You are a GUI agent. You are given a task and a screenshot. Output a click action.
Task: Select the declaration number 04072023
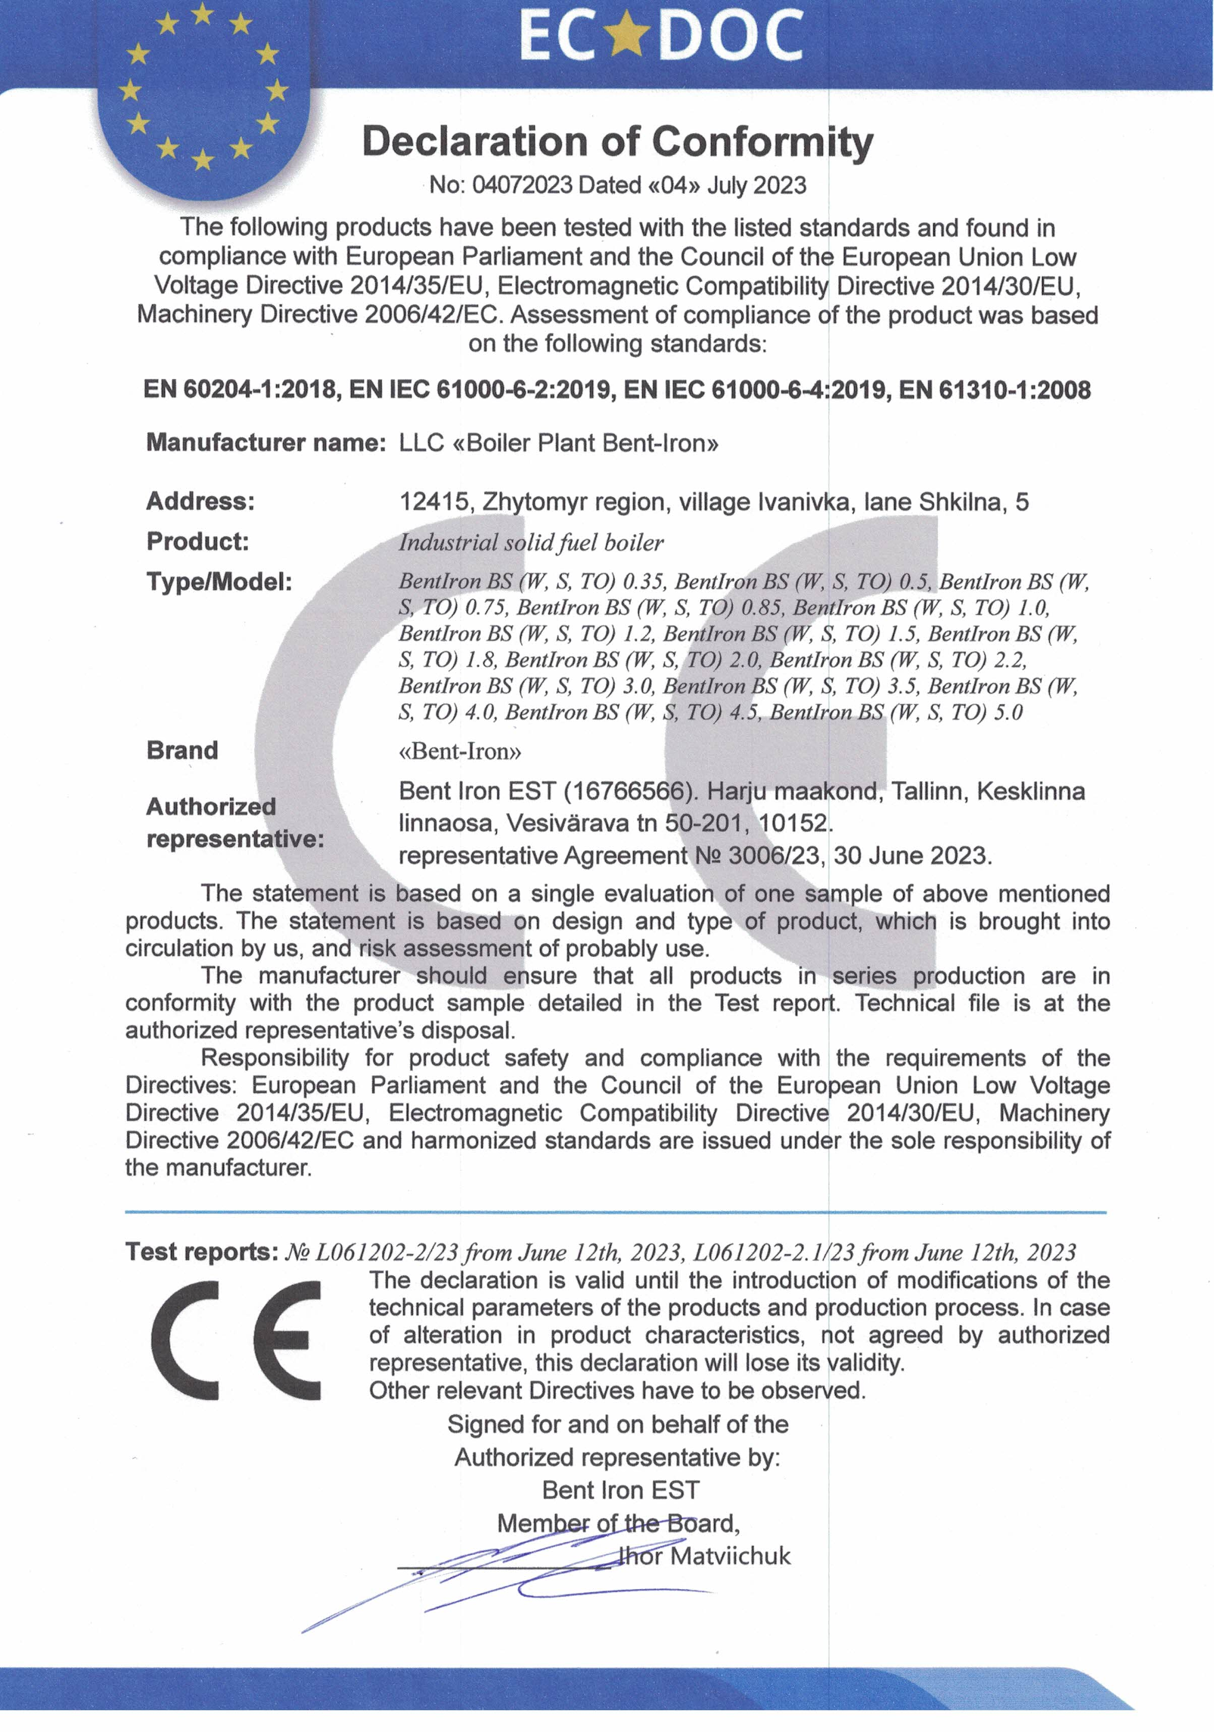[521, 185]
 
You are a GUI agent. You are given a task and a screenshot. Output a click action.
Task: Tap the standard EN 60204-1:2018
[240, 390]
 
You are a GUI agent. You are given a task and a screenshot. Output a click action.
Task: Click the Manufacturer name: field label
[266, 442]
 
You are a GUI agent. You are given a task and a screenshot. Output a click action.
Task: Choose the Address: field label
[200, 501]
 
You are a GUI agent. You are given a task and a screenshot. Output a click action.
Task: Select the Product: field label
[197, 542]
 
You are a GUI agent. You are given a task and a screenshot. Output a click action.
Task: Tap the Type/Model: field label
[219, 582]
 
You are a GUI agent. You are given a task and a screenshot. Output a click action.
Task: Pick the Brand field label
[182, 750]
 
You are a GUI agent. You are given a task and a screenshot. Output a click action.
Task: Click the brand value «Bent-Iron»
[460, 751]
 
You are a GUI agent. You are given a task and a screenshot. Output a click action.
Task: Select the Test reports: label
[202, 1252]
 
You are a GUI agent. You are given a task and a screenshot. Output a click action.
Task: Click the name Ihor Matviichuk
[704, 1557]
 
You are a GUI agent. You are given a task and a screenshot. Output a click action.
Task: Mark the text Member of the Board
[617, 1523]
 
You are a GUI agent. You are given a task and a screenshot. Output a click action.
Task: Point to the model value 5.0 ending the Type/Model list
[1007, 712]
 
